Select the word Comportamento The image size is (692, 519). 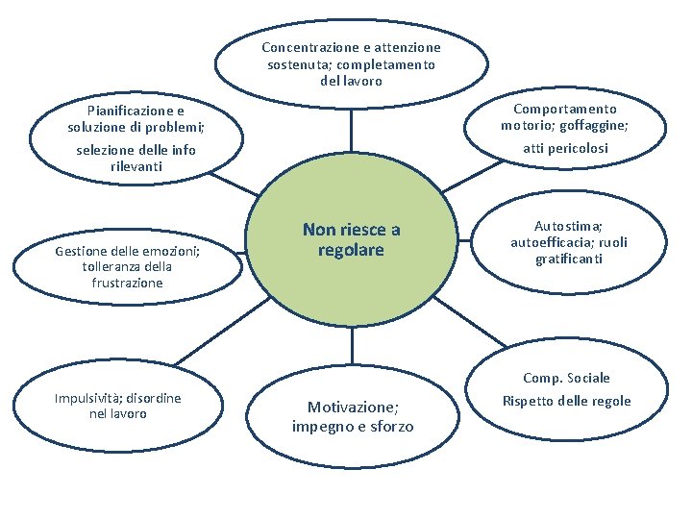(564, 110)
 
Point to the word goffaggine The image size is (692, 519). (596, 126)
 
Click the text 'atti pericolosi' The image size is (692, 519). (564, 148)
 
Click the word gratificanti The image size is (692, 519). (570, 259)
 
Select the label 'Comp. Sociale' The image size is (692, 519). (566, 378)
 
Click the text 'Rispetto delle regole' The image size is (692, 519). (566, 401)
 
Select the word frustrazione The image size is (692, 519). (127, 283)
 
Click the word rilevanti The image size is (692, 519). (136, 166)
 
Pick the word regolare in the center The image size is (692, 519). (351, 250)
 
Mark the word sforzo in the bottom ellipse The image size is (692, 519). (388, 426)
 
